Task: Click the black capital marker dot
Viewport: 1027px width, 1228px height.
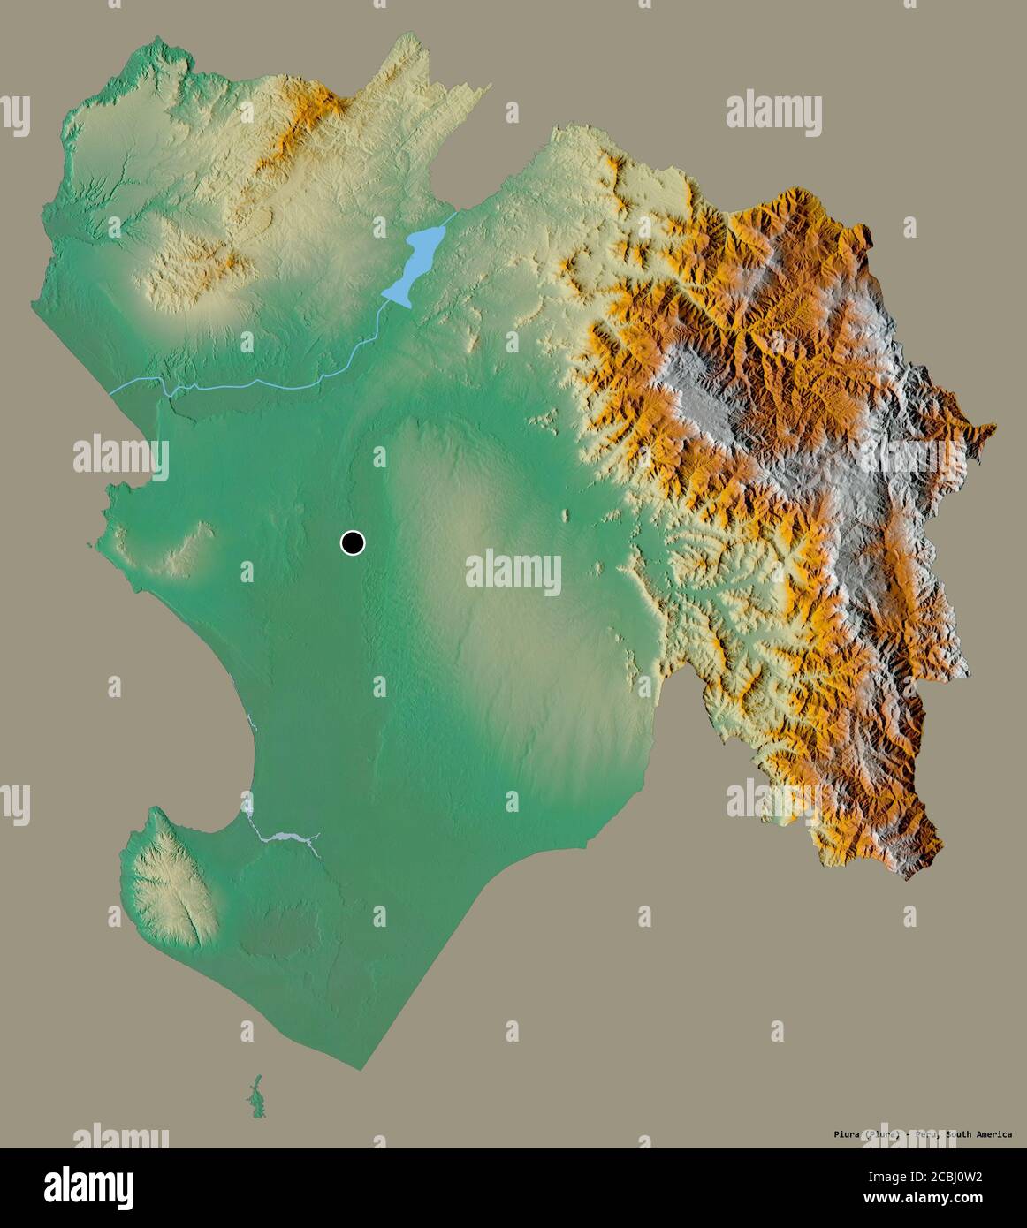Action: click(353, 542)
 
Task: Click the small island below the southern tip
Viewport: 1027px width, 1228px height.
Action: click(255, 1095)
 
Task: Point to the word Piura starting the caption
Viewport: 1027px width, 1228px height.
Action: click(847, 1135)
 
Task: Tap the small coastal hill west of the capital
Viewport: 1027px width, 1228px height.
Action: click(190, 548)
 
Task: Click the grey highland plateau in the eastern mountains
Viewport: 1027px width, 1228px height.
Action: click(707, 389)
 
